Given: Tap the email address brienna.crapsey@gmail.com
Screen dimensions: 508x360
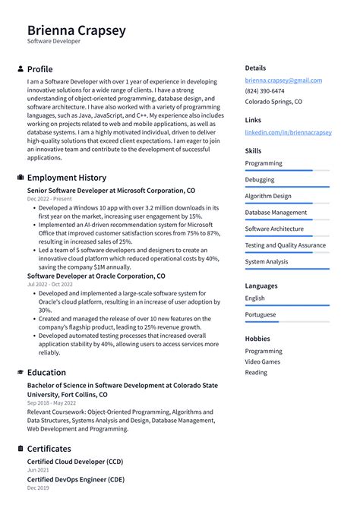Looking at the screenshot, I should [x=283, y=80].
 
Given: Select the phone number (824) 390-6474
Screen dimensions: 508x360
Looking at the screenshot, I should [x=264, y=91].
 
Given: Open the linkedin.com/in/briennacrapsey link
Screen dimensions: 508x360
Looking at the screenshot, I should [x=288, y=132].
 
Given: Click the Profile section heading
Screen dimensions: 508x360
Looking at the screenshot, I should [x=39, y=69].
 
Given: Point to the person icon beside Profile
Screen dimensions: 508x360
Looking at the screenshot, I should [x=20, y=69].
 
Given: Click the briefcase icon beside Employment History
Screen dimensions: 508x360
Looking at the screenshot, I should [x=20, y=178].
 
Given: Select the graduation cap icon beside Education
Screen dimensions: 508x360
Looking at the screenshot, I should [x=20, y=373].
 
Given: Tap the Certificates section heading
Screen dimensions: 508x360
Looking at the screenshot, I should [x=49, y=449].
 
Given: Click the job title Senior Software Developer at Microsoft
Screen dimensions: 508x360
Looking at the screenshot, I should [x=111, y=191].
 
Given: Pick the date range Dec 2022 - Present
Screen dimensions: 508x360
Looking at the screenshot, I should [x=49, y=199].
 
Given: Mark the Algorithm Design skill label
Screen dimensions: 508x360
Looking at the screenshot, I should [x=267, y=196].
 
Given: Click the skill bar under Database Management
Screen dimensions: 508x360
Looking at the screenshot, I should [x=287, y=219].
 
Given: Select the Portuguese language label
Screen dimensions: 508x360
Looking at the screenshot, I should [x=261, y=314].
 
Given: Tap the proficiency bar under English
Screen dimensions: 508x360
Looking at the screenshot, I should [x=287, y=305].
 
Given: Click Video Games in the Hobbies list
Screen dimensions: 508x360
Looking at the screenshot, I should [x=262, y=361].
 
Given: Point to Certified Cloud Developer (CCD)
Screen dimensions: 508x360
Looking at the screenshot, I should [x=75, y=462].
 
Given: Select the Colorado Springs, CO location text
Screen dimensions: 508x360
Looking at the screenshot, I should [x=273, y=102].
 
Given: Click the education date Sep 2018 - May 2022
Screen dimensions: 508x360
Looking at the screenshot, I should [x=52, y=403].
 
